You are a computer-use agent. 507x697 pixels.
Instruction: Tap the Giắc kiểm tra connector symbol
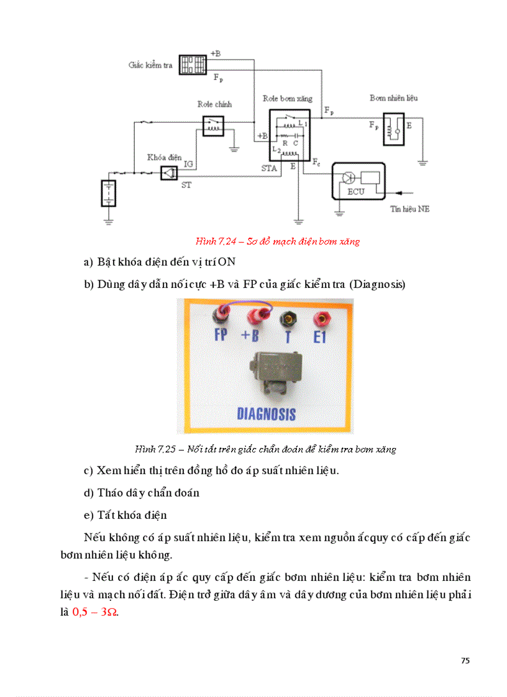[x=193, y=65]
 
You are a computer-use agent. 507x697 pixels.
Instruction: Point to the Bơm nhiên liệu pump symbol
[x=393, y=128]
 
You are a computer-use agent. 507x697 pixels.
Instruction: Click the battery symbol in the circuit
[x=109, y=193]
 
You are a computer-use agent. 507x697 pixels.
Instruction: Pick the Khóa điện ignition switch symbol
[x=168, y=174]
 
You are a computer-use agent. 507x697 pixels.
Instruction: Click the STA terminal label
[x=268, y=168]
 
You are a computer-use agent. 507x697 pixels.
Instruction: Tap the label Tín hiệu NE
[x=409, y=209]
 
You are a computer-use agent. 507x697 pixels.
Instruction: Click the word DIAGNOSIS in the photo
[x=266, y=413]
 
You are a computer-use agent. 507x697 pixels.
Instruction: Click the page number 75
[x=465, y=660]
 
